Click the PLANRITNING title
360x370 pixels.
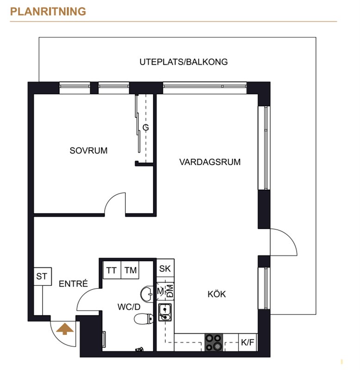coord(48,12)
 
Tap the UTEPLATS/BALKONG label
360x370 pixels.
coord(184,62)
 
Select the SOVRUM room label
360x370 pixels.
coord(88,151)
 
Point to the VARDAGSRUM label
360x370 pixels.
coord(210,162)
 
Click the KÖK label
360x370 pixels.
coord(217,294)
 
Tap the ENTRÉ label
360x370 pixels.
coord(73,284)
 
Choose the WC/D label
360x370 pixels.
coord(129,307)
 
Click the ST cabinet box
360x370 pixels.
coord(43,276)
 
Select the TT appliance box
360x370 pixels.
coord(112,270)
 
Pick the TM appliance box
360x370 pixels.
coord(130,270)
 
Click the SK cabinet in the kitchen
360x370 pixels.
coord(165,268)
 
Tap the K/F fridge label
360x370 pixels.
coord(248,342)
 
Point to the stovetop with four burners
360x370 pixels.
coord(214,342)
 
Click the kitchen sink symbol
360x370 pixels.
coord(165,312)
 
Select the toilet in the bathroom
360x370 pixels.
coord(143,319)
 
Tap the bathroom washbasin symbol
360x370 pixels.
coord(147,294)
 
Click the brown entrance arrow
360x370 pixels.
coord(65,329)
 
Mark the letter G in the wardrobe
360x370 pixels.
coord(146,128)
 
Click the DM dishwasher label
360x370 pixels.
coord(170,291)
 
